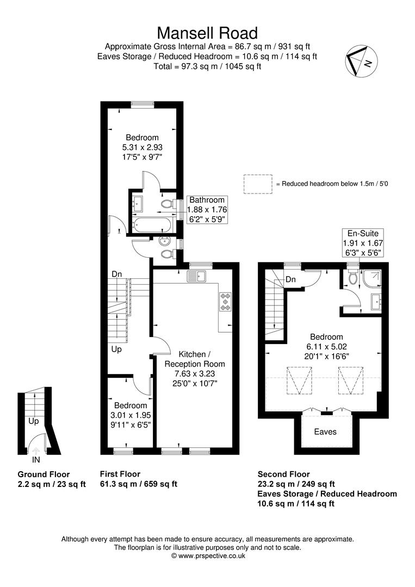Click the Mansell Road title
click(207, 33)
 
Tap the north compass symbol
click(361, 61)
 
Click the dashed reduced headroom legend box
click(258, 184)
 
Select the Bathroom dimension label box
click(207, 210)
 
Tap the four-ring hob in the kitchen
click(226, 301)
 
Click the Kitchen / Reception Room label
click(195, 359)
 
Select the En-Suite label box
click(363, 243)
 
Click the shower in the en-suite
click(371, 279)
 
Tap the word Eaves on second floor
click(325, 432)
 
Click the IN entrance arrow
click(35, 451)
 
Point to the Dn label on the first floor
click(117, 274)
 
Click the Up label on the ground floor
click(34, 421)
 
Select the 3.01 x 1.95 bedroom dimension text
click(131, 415)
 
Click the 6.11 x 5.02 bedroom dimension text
click(326, 347)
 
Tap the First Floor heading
click(120, 474)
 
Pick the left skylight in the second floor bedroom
click(300, 380)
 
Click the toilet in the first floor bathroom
click(167, 204)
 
